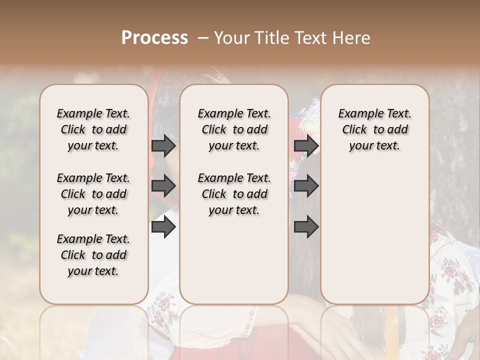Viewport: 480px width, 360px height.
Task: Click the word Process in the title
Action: point(154,38)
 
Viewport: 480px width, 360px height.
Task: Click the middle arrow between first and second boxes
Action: point(163,186)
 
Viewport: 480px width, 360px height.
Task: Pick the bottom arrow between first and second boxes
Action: point(163,227)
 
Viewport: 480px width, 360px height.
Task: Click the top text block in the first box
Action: point(93,129)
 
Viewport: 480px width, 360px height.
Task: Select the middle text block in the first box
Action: point(93,194)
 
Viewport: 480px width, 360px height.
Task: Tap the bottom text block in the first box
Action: point(93,255)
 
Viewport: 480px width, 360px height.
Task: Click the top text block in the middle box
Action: point(234,129)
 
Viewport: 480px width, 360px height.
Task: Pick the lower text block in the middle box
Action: point(234,194)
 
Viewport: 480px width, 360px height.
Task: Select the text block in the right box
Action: point(374,129)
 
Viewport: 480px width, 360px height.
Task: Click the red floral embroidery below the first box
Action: point(162,310)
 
